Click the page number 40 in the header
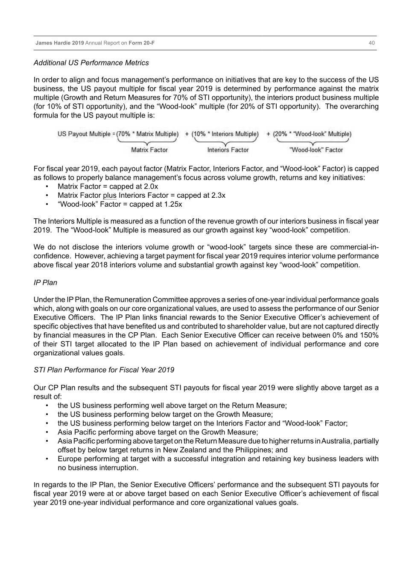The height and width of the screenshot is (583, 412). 372,43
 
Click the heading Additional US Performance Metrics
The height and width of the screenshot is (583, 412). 91,63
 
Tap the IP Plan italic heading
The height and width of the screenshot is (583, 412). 45,283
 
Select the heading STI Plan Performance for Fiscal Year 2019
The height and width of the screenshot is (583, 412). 104,370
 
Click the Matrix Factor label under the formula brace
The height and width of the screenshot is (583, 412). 149,150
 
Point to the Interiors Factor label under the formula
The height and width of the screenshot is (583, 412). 228,150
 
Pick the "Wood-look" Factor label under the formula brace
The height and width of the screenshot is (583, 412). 316,150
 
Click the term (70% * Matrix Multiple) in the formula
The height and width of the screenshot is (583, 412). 148,134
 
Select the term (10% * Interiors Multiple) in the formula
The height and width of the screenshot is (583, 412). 225,134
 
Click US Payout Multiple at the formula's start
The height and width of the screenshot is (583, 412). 84,134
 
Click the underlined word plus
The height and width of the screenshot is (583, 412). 110,196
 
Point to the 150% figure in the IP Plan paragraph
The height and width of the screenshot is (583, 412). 370,335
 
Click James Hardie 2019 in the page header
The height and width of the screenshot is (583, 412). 60,43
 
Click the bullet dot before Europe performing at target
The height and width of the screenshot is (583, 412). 47,459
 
